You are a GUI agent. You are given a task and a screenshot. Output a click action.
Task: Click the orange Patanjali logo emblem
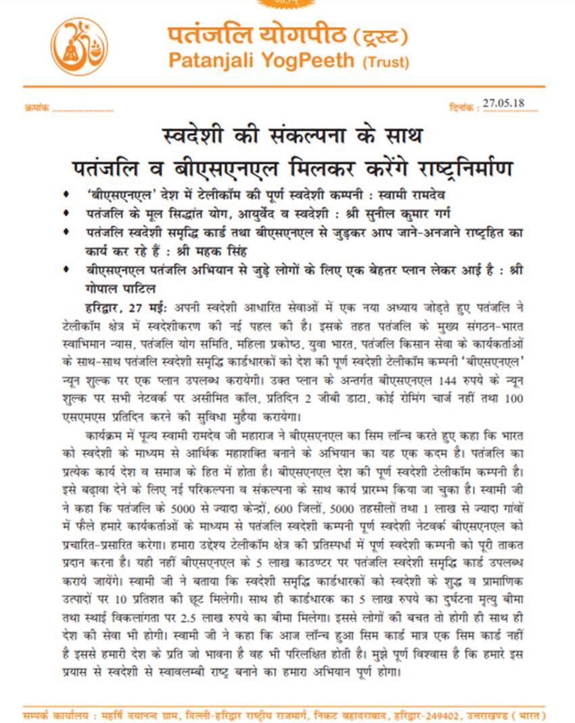pyautogui.click(x=79, y=47)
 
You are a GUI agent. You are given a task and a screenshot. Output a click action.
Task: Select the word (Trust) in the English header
pyautogui.click(x=386, y=63)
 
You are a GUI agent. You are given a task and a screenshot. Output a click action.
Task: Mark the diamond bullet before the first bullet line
pyautogui.click(x=65, y=195)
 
